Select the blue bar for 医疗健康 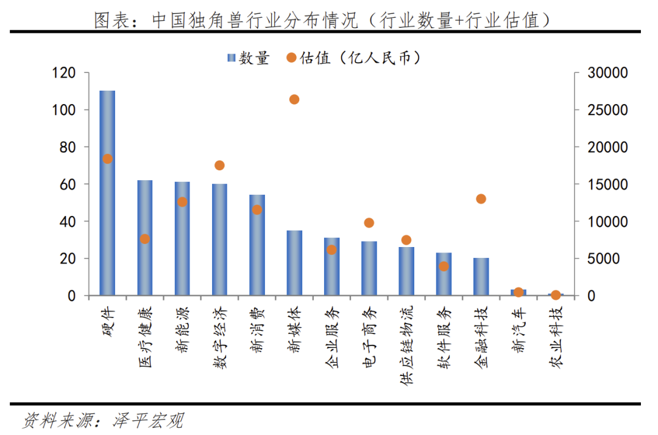[144, 238]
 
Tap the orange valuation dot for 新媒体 [294, 99]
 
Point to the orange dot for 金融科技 [481, 199]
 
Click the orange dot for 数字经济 [219, 165]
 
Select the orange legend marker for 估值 [291, 58]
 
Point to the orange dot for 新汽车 [518, 292]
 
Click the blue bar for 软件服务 [444, 274]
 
